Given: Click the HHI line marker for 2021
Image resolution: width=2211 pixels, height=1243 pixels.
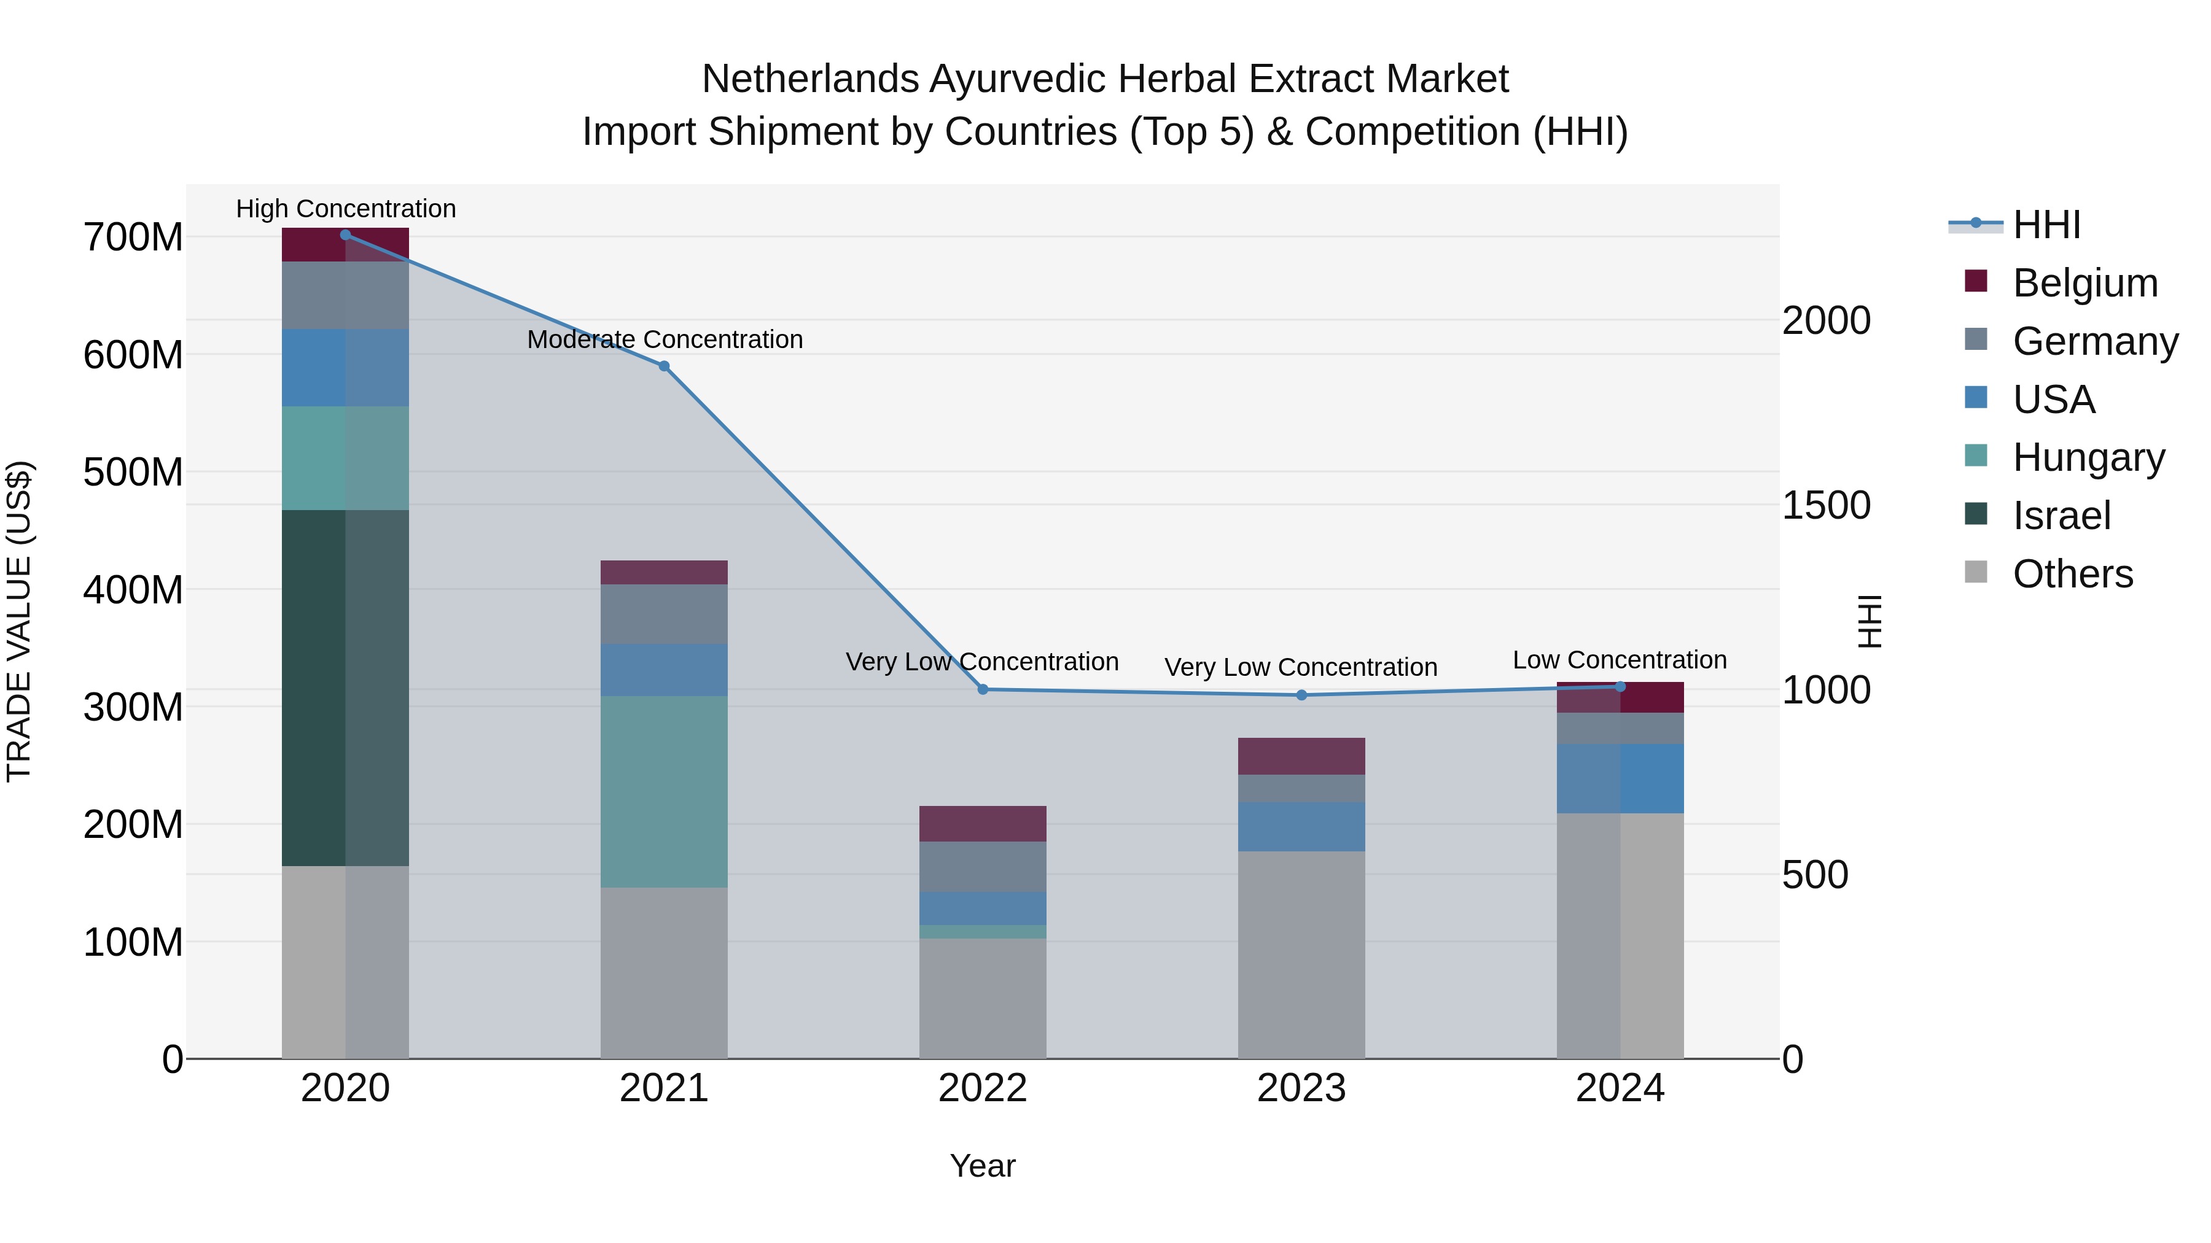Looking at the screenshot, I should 663,366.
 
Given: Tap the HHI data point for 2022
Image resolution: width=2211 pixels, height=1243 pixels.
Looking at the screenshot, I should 983,690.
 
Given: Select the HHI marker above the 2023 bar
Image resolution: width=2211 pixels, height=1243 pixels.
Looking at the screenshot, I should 1301,695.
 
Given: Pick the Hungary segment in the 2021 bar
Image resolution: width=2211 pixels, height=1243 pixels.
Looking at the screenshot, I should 663,791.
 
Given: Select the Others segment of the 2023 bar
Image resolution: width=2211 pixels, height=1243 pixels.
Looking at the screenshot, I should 1301,954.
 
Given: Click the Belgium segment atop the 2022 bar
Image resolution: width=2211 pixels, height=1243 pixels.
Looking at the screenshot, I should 983,824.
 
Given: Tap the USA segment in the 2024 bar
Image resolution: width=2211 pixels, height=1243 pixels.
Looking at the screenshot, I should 1620,778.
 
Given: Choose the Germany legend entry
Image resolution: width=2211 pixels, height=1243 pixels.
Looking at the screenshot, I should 2094,341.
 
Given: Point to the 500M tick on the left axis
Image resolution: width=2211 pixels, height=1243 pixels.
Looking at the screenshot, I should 133,472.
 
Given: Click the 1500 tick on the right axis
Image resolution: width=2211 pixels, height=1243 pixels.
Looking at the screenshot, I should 1826,505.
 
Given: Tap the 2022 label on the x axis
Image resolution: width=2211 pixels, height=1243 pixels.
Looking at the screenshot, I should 983,1088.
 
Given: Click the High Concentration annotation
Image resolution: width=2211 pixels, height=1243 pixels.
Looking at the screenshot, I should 346,209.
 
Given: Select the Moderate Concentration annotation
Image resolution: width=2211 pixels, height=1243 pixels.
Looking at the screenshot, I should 665,339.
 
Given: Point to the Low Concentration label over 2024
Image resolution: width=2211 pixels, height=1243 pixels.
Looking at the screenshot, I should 1619,660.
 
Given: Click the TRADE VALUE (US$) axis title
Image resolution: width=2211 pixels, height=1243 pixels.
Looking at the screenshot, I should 20,621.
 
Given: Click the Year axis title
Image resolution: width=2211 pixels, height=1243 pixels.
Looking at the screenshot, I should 982,1166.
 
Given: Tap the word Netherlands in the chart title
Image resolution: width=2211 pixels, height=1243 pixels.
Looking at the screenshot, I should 809,79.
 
